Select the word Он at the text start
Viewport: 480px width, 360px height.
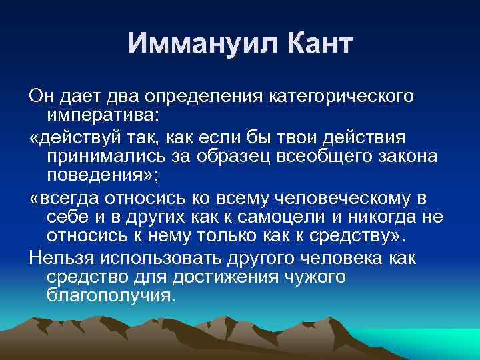(41, 97)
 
